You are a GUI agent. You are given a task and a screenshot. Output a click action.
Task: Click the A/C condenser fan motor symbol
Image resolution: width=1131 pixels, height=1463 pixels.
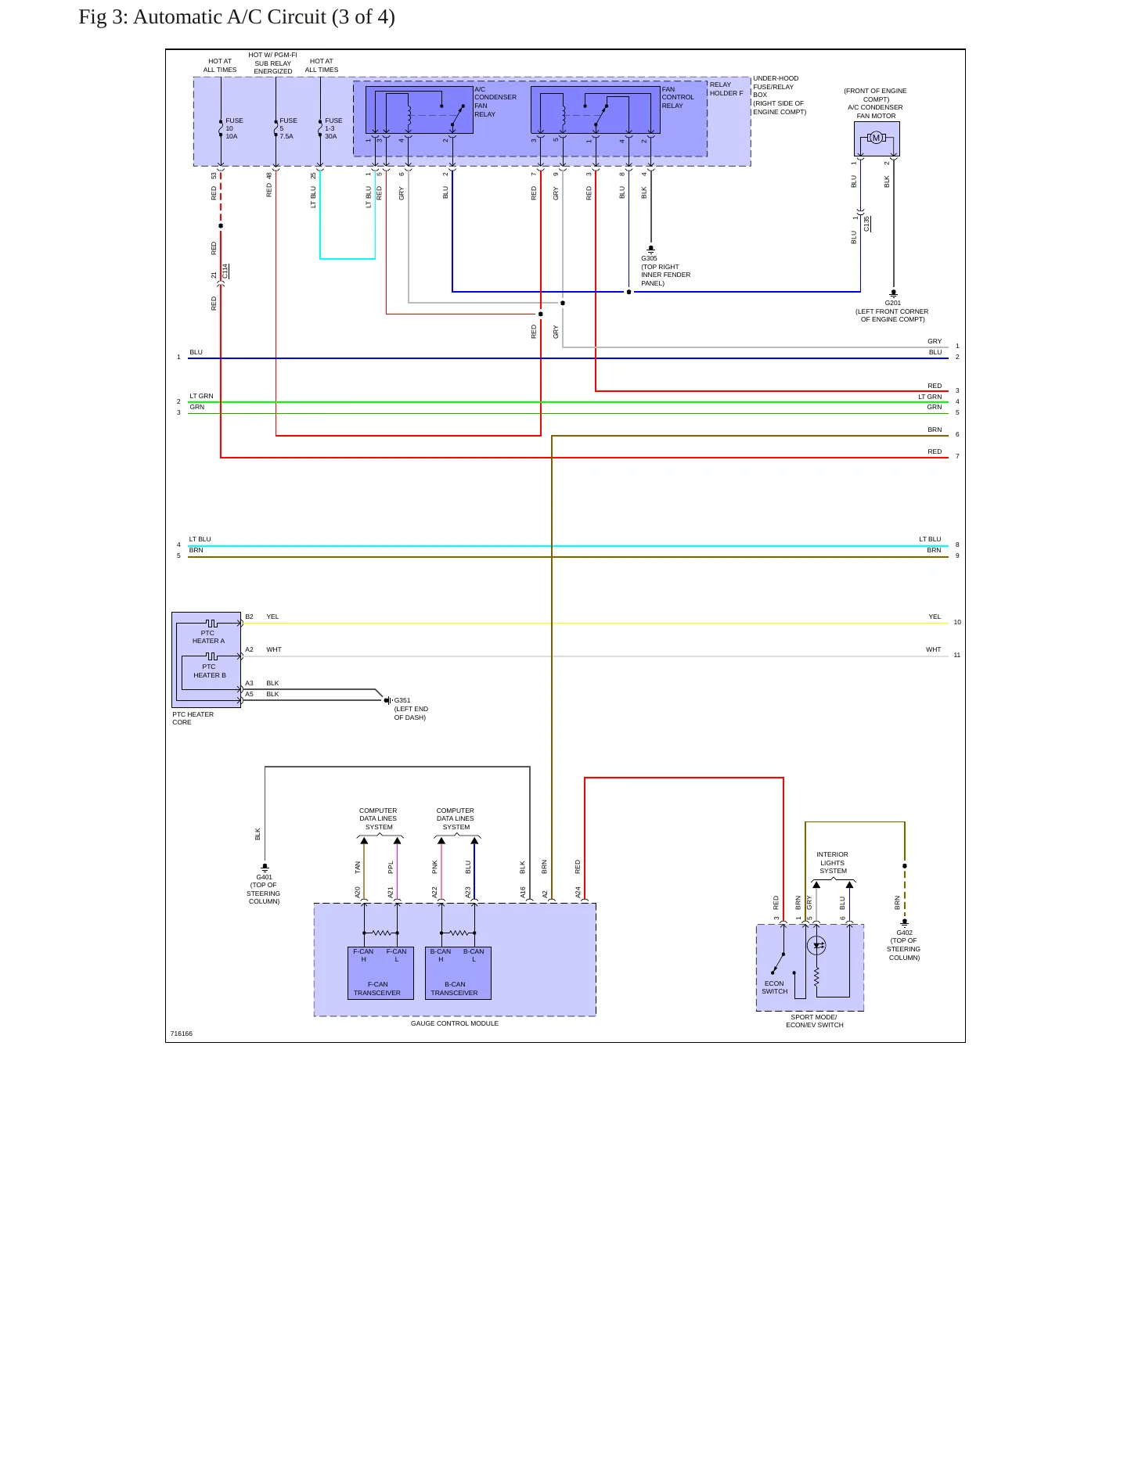(x=876, y=138)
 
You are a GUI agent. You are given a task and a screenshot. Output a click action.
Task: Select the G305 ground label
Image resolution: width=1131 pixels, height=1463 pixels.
(x=649, y=258)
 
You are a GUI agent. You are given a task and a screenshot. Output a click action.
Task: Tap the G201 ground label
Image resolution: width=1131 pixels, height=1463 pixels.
(x=893, y=303)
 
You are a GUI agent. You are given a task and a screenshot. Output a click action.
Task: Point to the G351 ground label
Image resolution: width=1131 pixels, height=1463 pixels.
(x=402, y=700)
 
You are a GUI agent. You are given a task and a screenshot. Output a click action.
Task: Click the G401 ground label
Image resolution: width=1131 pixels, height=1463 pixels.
(x=265, y=877)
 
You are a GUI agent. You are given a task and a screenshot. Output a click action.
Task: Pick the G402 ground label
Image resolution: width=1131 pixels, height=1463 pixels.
(x=904, y=933)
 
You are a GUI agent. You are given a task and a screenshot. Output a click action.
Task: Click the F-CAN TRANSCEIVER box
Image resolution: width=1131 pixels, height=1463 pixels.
(x=380, y=973)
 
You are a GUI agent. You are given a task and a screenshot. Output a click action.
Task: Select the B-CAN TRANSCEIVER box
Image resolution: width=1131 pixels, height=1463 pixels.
(x=458, y=973)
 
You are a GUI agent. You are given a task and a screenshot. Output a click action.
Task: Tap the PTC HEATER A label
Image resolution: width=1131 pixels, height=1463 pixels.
(x=208, y=637)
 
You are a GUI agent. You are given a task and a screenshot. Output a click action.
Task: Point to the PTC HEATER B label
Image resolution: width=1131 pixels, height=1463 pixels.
(x=209, y=671)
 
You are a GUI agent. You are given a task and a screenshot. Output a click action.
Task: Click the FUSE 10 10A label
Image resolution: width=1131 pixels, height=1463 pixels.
(x=234, y=128)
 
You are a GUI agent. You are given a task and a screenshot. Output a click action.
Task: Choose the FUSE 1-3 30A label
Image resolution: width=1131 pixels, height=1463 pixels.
(x=333, y=128)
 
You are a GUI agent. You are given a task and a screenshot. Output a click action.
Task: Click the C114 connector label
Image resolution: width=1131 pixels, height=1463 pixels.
(x=225, y=271)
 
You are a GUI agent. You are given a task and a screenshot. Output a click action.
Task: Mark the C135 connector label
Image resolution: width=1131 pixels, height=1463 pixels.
(x=866, y=224)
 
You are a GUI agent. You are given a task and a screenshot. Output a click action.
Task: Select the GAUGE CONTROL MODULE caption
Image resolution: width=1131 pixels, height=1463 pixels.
(x=455, y=1023)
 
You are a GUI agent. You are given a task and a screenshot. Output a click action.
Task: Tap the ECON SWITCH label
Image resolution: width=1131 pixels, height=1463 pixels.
(x=775, y=987)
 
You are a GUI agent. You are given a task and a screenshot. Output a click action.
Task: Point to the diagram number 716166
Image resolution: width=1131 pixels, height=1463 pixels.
(x=182, y=1033)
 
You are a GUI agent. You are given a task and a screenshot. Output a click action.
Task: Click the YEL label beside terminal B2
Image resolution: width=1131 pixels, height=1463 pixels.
(x=272, y=616)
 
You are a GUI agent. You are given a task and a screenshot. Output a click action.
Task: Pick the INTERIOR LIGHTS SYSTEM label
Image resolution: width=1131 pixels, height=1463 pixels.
(x=833, y=863)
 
